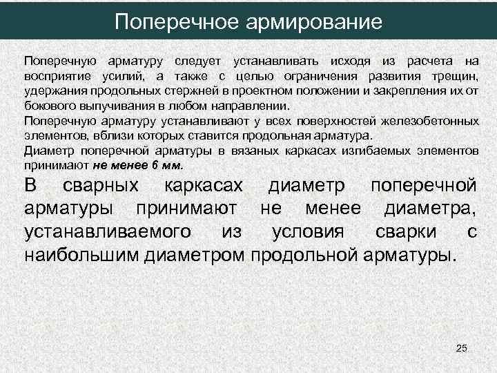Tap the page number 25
pyautogui.click(x=462, y=350)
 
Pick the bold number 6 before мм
pyautogui.click(x=155, y=164)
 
